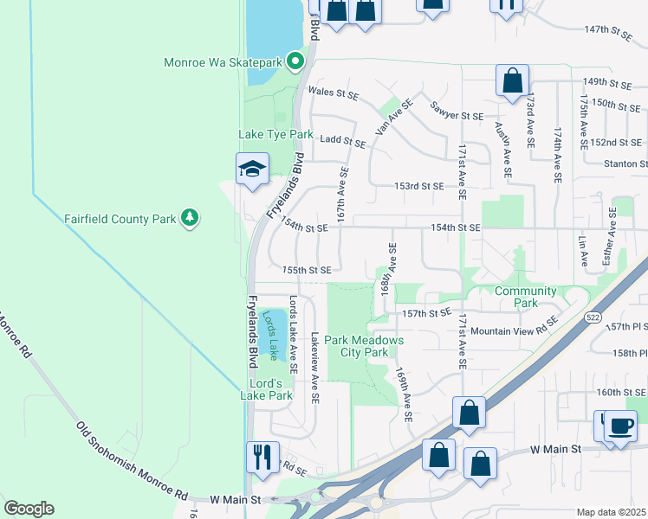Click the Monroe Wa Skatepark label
click(x=224, y=62)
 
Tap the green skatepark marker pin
click(x=295, y=61)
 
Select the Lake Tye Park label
click(x=275, y=135)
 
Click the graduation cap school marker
click(x=252, y=169)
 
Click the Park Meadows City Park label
click(x=363, y=346)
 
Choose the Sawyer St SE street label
click(x=457, y=114)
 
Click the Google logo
click(x=29, y=509)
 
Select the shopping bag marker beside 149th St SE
click(x=512, y=80)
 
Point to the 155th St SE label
click(x=307, y=270)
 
